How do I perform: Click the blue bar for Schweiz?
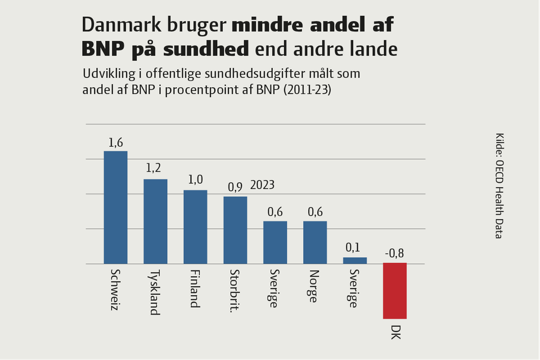[115, 207]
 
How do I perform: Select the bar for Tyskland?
[155, 221]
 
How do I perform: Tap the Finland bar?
[195, 227]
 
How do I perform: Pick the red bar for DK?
[394, 291]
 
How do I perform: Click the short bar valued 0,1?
[354, 260]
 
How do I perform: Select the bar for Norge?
[314, 242]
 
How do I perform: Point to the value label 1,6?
[115, 142]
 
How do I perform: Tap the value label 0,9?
[235, 187]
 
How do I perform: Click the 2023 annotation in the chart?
[262, 186]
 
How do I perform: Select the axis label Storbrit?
[235, 289]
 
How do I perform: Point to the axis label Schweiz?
[115, 290]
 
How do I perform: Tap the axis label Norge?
[314, 286]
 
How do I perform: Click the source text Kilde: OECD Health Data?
[499, 186]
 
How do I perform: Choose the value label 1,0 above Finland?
[195, 180]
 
